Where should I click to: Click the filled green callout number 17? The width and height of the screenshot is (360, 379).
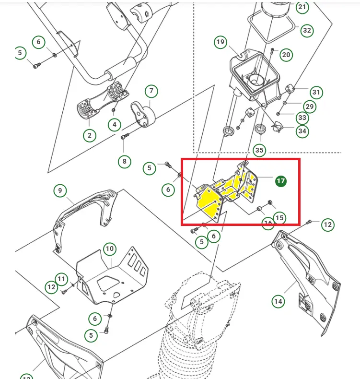point(280,181)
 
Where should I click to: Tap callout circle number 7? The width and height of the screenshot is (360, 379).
point(151,91)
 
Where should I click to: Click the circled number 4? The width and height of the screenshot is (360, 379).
point(114,125)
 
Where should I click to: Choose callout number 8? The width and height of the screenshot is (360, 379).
point(124,161)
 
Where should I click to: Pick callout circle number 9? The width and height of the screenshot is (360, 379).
point(60,191)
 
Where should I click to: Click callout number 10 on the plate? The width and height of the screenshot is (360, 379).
point(110,249)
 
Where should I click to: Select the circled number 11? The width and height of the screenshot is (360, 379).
point(61,279)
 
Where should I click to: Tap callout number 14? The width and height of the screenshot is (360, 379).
point(279,301)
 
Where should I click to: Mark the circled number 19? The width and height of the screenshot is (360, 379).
point(220,42)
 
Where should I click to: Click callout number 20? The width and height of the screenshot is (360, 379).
point(286,55)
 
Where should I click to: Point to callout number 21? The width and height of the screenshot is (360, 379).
point(302,7)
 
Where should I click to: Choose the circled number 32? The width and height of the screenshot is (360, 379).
point(306,30)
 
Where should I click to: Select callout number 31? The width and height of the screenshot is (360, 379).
point(316,92)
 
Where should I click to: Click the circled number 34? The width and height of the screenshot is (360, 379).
point(302,130)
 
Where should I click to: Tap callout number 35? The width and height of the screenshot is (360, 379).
point(259,150)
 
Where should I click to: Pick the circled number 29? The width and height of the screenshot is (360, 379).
point(309,106)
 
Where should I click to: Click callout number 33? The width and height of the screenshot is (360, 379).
point(302,118)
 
